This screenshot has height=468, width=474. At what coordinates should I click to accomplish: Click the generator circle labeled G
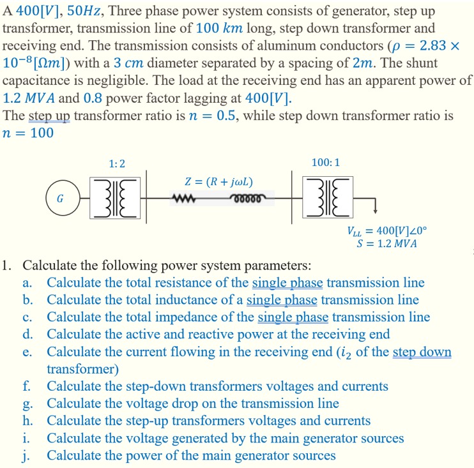(60, 198)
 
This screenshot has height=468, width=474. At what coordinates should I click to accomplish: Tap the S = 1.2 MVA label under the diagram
(386, 244)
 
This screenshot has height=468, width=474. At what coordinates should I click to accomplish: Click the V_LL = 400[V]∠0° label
(387, 232)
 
